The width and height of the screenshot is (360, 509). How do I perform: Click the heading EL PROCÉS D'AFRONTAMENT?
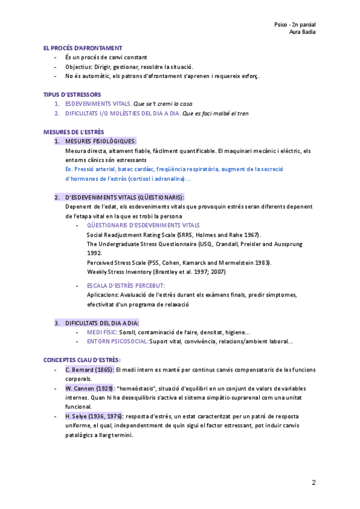tap(83, 47)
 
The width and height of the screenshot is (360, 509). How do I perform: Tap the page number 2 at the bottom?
tap(314, 483)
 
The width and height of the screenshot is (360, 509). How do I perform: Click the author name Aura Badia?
tap(302, 32)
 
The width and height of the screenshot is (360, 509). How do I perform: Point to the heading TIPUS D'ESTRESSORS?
tap(72, 94)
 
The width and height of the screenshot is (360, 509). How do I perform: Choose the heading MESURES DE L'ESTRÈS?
tap(73, 131)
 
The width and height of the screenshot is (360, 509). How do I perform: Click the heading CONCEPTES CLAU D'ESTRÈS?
tap(82, 360)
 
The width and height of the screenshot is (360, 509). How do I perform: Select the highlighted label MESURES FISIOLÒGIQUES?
tap(100, 141)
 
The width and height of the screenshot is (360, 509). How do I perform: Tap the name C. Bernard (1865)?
tap(89, 369)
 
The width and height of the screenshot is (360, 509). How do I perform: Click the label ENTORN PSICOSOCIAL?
tap(118, 342)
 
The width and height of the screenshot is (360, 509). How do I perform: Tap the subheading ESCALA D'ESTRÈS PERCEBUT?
tap(125, 286)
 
